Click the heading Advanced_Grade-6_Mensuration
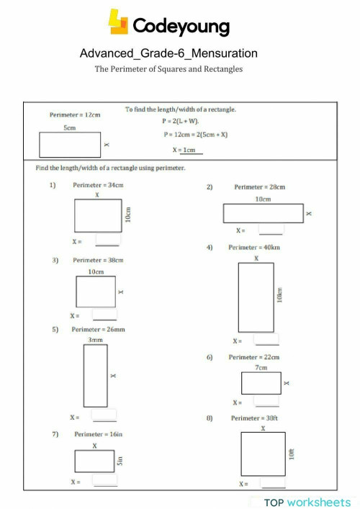pos(168,53)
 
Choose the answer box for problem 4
pos(266,340)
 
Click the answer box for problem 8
pos(273,483)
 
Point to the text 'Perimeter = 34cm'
pos(98,185)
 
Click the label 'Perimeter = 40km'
pos(253,247)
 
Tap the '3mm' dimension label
pos(95,338)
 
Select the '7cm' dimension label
pos(261,367)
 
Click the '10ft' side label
pos(292,454)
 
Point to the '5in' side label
pos(121,460)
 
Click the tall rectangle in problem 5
pos(95,375)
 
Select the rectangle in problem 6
pos(261,383)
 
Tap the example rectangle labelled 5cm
pos(70,145)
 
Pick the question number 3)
pos(54,260)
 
